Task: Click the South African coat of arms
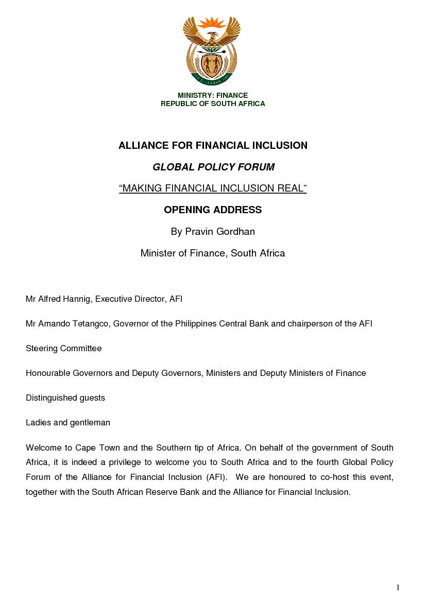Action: (212, 50)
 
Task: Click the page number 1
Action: (398, 588)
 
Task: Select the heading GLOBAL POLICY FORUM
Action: (213, 167)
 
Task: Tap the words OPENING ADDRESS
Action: (213, 210)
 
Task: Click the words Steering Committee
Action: (64, 348)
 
